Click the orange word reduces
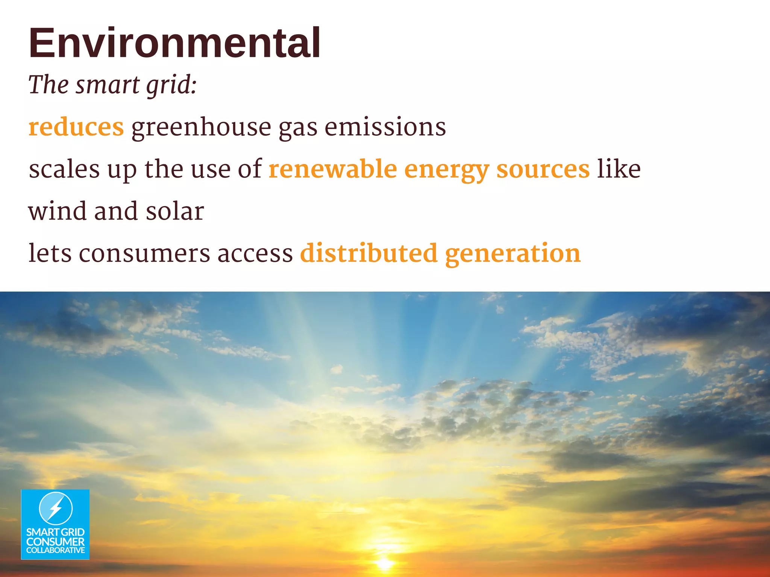coord(76,127)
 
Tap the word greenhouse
coord(201,127)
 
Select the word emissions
coord(385,127)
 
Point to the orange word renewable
coord(333,169)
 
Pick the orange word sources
coord(543,169)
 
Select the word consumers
coord(144,253)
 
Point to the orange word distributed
coord(369,253)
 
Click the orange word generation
coord(513,254)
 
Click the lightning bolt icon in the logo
coord(56,508)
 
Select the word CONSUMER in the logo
coord(55,542)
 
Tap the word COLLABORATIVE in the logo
coord(55,550)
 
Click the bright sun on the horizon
coord(384,563)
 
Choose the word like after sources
coord(619,169)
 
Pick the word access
coord(255,253)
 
